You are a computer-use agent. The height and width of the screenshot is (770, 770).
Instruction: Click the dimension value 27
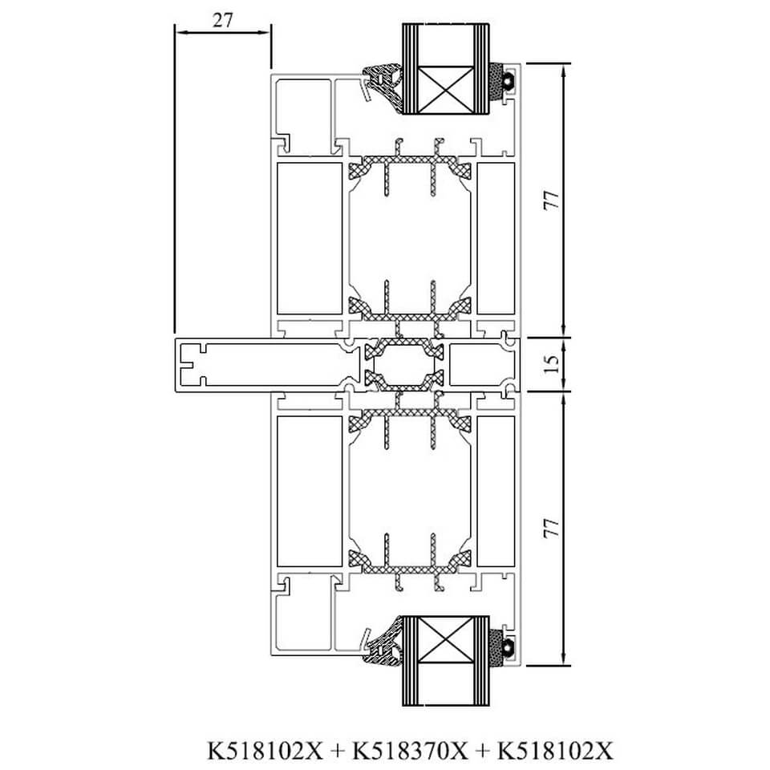[222, 20]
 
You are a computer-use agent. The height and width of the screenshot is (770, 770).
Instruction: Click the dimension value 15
[552, 364]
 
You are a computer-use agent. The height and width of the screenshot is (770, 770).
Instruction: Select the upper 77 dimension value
[552, 201]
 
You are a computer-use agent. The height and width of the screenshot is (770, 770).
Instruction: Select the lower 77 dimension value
[552, 528]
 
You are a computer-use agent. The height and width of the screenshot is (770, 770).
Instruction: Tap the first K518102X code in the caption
[265, 751]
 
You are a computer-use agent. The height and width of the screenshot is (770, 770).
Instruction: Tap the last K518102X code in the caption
[555, 751]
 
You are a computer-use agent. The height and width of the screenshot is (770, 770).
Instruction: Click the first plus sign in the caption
[338, 752]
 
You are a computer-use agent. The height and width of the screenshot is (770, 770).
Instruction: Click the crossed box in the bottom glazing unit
[445, 639]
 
